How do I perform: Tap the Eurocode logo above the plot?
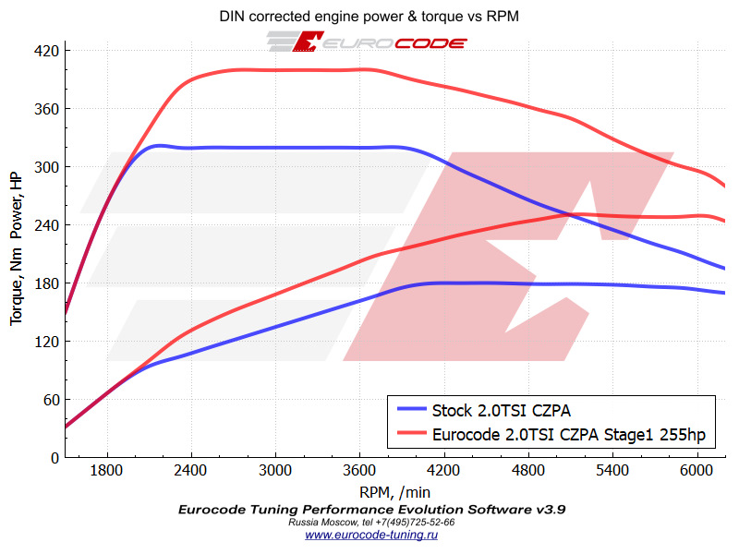(x=368, y=42)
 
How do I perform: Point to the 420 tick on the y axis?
(x=46, y=50)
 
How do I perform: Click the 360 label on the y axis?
(x=46, y=108)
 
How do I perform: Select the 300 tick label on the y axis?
(x=46, y=166)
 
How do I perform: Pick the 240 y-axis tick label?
(x=46, y=224)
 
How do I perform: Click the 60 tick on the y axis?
(x=50, y=399)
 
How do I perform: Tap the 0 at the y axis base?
(x=55, y=457)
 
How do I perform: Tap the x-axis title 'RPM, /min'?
(x=394, y=492)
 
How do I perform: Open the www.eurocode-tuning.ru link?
(x=371, y=534)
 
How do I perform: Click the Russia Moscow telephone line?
(x=371, y=522)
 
